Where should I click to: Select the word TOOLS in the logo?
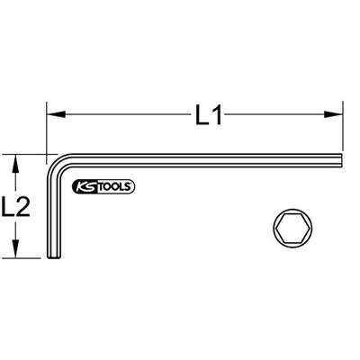(115, 187)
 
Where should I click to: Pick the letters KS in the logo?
(83, 187)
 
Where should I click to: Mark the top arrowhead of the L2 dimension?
(16, 162)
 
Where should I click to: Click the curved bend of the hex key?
(56, 164)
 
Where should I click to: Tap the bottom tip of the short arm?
(52, 258)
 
